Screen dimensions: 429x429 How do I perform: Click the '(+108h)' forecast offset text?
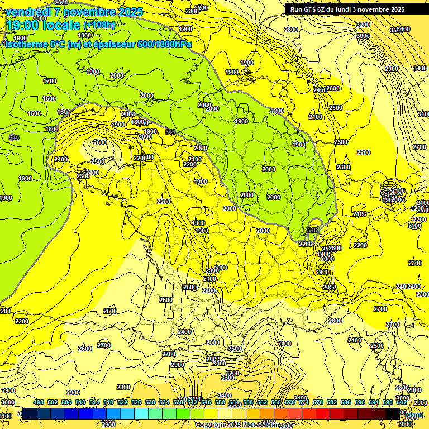click(x=99, y=25)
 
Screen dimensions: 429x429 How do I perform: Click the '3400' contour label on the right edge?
click(x=420, y=68)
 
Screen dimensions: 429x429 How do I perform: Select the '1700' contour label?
click(x=50, y=81)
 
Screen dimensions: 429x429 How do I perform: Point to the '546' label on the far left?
click(x=14, y=137)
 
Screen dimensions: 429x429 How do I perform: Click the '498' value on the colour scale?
click(x=39, y=402)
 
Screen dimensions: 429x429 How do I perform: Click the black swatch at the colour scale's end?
click(x=393, y=413)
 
